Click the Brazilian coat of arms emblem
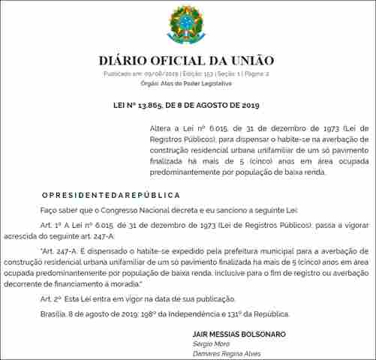click(x=186, y=25)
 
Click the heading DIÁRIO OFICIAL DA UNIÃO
click(x=187, y=60)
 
